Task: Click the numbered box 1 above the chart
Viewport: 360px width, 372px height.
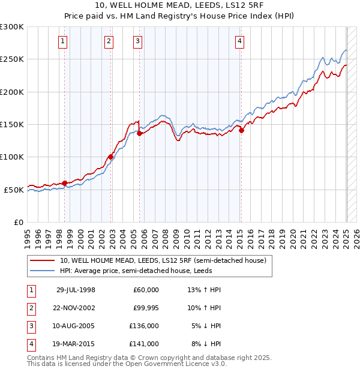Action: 63,41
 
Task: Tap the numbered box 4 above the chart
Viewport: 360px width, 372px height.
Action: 239,41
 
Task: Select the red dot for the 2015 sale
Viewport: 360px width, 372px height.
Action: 241,130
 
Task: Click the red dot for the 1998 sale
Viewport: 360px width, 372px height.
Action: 64,183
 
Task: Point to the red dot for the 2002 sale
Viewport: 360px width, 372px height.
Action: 111,157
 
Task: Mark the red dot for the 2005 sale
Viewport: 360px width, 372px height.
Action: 139,134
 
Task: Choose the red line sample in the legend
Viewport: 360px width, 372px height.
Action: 42,260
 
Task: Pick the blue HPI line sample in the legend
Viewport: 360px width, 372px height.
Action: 42,271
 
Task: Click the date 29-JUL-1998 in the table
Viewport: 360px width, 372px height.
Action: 76,290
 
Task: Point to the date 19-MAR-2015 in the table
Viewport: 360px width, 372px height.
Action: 76,344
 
